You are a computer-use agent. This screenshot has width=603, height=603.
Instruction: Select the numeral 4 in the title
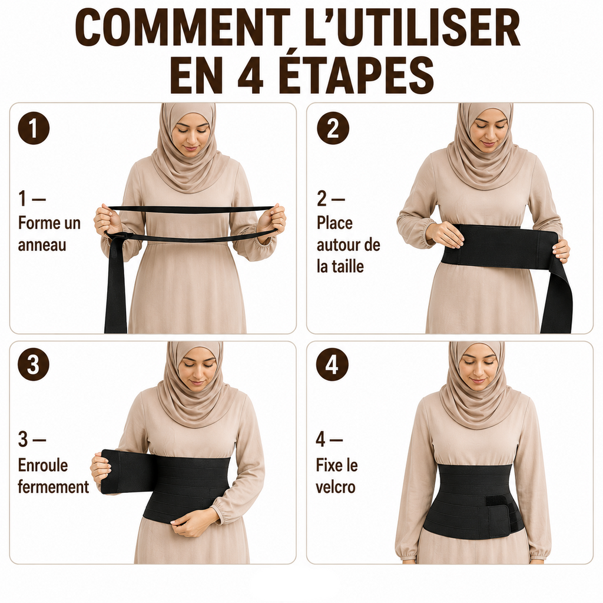[x=250, y=75]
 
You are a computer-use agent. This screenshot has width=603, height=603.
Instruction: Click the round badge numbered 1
[x=34, y=128]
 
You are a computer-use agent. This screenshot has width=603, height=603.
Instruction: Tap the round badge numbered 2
[x=333, y=128]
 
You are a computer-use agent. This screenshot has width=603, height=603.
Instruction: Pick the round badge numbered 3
[x=34, y=364]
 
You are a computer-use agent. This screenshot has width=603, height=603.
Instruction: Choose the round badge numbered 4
[x=332, y=364]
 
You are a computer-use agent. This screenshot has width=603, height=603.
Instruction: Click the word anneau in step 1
[x=42, y=245]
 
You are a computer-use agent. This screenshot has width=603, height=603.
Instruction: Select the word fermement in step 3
[x=54, y=487]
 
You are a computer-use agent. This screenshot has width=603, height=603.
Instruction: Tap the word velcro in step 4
[x=335, y=487]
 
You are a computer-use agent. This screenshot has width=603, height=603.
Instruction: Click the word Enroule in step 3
[x=43, y=465]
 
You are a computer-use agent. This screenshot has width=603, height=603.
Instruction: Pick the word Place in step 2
[x=334, y=223]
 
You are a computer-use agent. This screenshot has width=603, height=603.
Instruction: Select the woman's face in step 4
[x=478, y=367]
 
